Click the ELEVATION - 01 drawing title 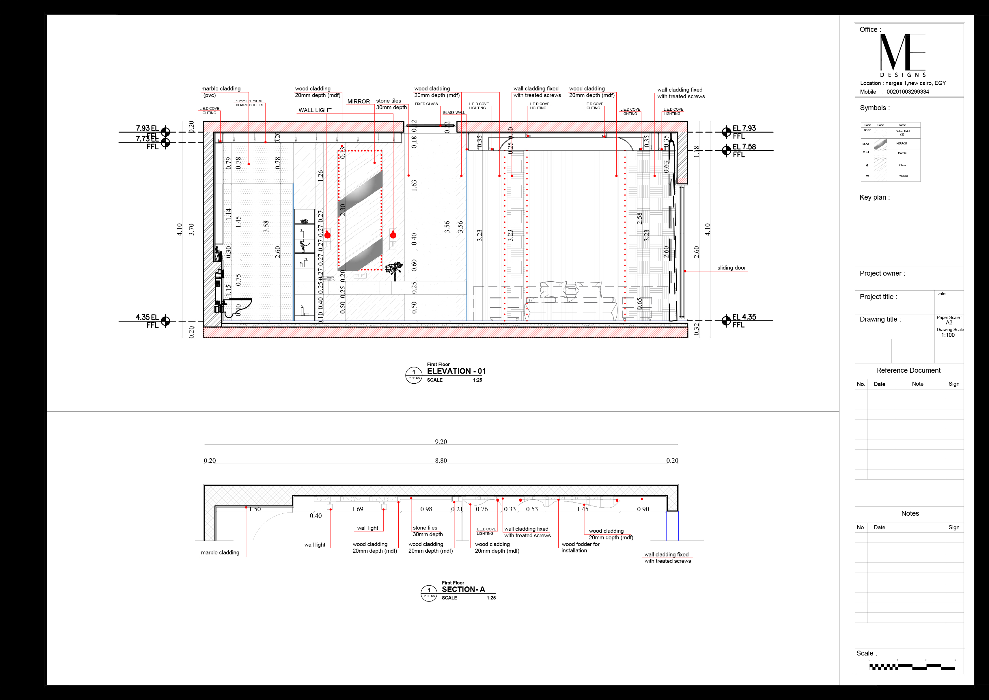[x=456, y=371]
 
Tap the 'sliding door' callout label [x=732, y=268]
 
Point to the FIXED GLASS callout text [x=426, y=104]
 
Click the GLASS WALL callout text [x=454, y=112]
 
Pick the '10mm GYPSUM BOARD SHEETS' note [x=249, y=103]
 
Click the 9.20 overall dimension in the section [x=441, y=442]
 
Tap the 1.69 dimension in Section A [x=357, y=509]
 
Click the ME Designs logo [x=902, y=54]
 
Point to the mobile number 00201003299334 [x=908, y=92]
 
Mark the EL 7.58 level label [x=744, y=147]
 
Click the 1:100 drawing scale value [x=948, y=335]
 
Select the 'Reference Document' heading [x=908, y=370]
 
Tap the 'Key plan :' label [x=874, y=197]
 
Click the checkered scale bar [x=912, y=667]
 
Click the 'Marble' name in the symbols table [x=902, y=153]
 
